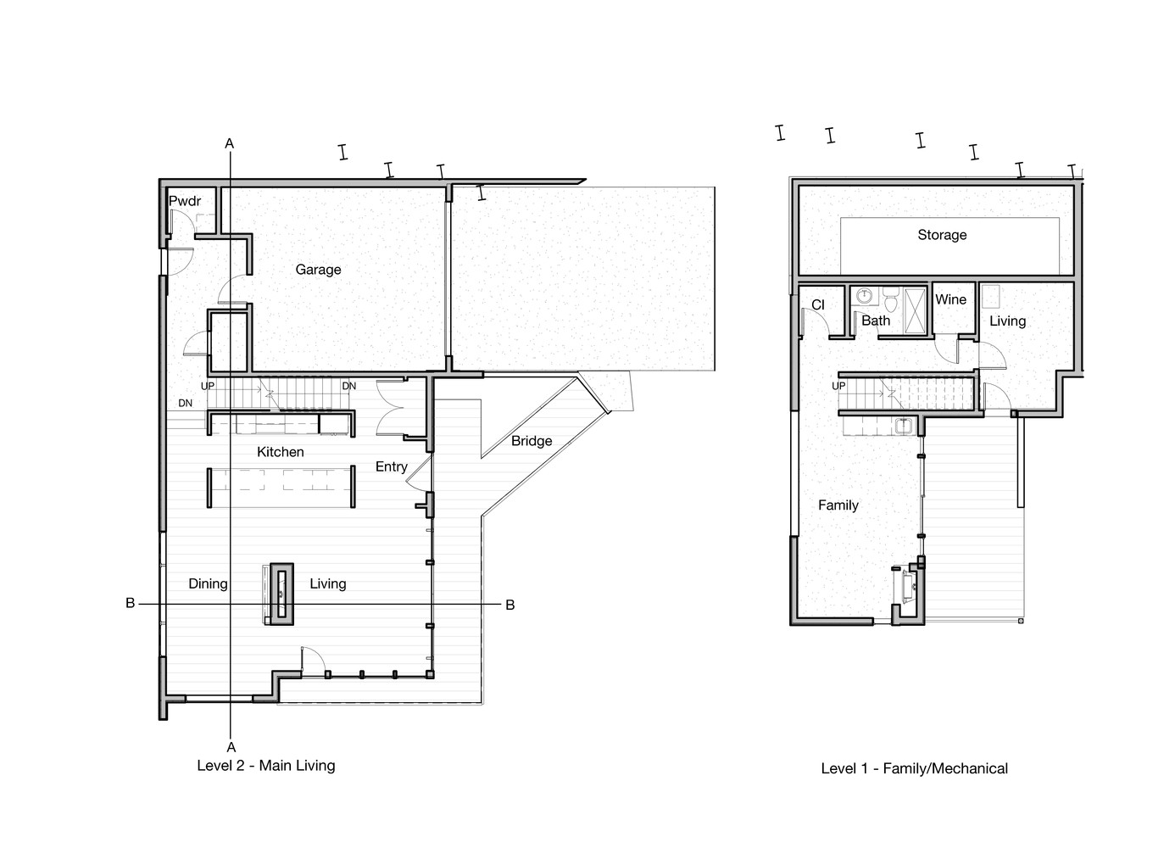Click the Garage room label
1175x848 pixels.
point(318,270)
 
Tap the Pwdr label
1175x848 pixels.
point(185,201)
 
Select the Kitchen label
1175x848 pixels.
point(280,452)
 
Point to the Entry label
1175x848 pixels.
point(392,467)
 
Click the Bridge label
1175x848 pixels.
point(532,441)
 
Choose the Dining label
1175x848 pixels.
point(208,584)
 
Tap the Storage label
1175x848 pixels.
point(942,235)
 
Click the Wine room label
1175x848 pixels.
point(950,299)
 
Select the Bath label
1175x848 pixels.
point(876,321)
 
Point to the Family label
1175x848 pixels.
point(838,505)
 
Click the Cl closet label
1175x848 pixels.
point(818,305)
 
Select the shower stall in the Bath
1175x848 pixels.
point(916,310)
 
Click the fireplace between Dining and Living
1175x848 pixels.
point(281,594)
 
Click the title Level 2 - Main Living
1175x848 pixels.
point(266,766)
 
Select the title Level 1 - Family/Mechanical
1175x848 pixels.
point(914,769)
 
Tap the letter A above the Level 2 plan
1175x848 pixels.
point(229,144)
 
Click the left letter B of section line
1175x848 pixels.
point(130,604)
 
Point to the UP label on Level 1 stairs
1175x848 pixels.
point(838,386)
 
